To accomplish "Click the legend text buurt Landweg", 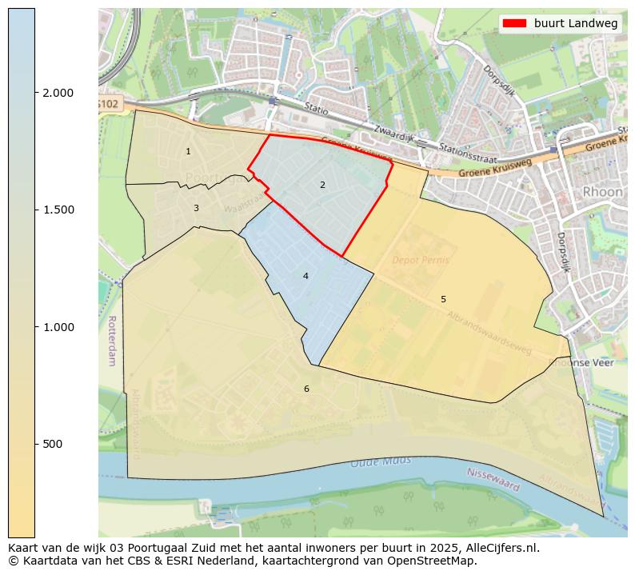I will click(x=576, y=24).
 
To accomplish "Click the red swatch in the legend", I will click(x=515, y=24).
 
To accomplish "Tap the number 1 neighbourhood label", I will click(x=188, y=151).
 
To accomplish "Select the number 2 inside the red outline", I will click(x=322, y=185).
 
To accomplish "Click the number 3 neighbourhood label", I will click(x=196, y=208).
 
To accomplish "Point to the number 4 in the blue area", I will click(x=306, y=276).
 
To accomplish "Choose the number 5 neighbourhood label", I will click(x=443, y=299).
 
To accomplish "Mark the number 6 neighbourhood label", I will click(x=306, y=389).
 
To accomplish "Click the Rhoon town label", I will click(x=602, y=192).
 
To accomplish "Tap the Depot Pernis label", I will click(x=421, y=260).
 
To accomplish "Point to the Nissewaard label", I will click(x=493, y=480).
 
